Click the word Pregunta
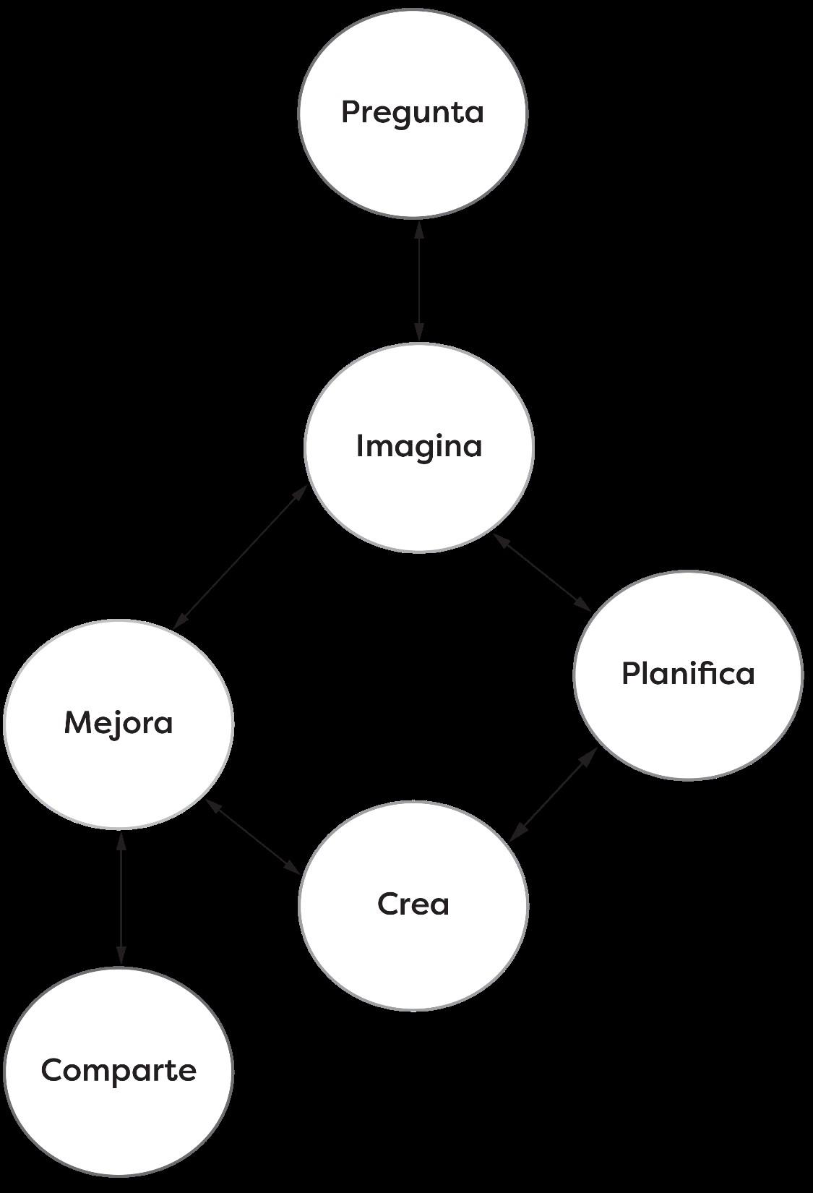tap(412, 113)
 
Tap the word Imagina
tap(419, 446)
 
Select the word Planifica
tap(688, 674)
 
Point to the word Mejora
tap(119, 722)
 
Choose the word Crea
tap(413, 904)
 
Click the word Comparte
tap(119, 1070)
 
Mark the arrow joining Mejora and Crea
tap(253, 837)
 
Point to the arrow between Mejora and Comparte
tap(121, 899)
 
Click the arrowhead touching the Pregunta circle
tap(418, 230)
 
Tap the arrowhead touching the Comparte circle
tap(121, 956)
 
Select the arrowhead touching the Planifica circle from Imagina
tap(582, 603)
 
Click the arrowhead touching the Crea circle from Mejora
tap(293, 866)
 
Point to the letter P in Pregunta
tap(350, 112)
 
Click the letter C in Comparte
tap(51, 1070)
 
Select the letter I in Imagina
tap(361, 445)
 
